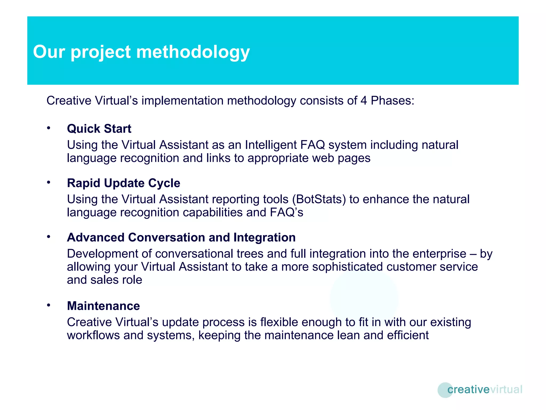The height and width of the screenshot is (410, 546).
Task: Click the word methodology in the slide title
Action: pos(193,52)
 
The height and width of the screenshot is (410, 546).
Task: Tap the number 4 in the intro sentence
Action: pos(364,101)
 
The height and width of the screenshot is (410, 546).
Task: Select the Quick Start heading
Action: pos(99,129)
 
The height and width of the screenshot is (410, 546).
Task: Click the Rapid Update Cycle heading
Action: pos(123,183)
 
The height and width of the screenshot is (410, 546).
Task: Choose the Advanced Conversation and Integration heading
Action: pos(181,238)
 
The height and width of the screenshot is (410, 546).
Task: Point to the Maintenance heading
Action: pos(103,306)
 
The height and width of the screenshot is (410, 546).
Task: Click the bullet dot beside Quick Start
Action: pos(49,128)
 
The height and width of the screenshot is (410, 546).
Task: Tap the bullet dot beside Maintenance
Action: pos(49,305)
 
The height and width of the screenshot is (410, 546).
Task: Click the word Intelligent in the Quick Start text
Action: pos(271,145)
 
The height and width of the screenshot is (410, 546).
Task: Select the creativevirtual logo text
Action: pos(484,389)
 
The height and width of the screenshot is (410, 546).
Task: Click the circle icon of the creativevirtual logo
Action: pos(445,390)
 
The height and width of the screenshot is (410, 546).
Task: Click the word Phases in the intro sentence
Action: pos(392,101)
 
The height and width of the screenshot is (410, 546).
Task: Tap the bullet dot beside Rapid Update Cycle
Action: pos(49,183)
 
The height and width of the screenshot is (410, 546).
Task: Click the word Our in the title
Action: pos(49,52)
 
